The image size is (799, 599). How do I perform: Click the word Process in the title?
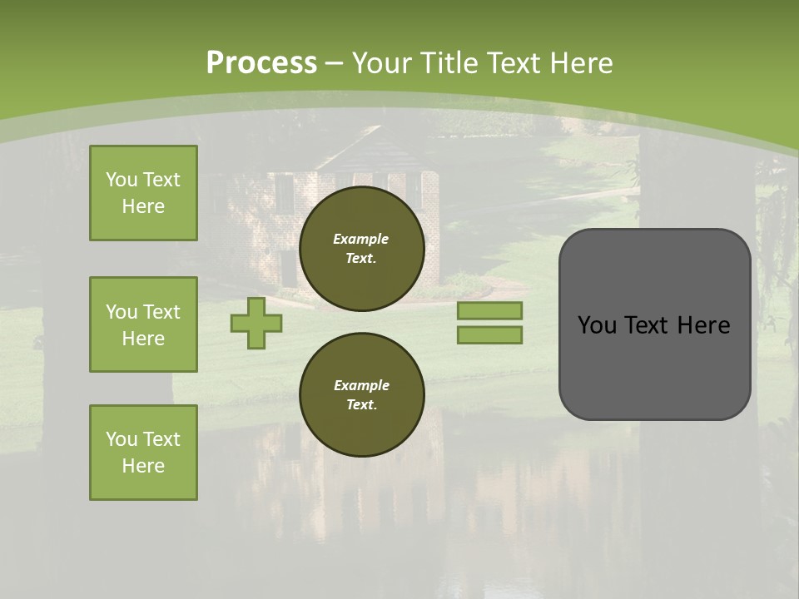coord(261,63)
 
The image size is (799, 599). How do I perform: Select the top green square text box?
coord(143,193)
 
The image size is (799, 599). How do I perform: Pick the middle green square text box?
coord(143,324)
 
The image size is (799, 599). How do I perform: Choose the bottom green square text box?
coord(143,453)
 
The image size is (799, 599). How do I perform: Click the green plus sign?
coord(256,324)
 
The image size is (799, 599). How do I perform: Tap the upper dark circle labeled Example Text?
coord(361,249)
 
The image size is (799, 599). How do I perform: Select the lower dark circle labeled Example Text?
coord(361,395)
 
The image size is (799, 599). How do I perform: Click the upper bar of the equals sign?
coord(489,310)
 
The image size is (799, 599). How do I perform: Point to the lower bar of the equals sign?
coord(489,335)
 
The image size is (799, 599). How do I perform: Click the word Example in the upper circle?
coord(361,239)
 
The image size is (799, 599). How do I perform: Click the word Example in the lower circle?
coord(361,385)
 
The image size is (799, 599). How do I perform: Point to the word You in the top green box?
coord(121,180)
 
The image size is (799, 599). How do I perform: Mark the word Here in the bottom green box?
coord(143,466)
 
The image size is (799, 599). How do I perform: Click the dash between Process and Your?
coord(334,63)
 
